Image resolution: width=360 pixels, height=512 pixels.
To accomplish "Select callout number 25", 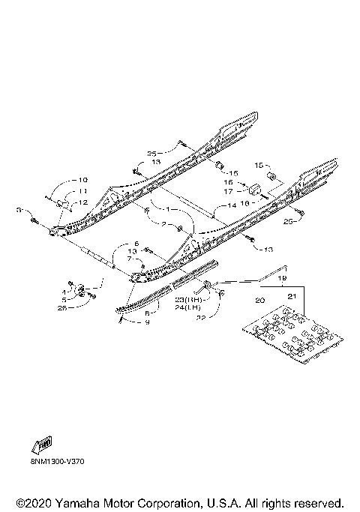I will pos(152,153).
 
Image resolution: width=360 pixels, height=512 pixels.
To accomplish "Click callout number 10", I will pos(82,180).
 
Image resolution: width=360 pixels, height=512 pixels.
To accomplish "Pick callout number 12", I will pos(82,202).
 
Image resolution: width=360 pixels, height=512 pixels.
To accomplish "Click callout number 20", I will pos(261,300).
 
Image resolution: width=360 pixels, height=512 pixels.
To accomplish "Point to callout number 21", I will pos(292,298).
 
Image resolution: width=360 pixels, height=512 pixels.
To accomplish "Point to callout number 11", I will pos(82,191).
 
